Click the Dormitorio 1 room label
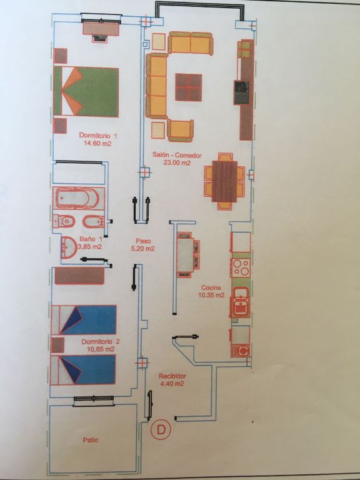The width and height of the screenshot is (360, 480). (98, 135)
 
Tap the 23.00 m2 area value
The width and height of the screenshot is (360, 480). (177, 163)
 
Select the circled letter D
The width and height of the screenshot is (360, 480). (161, 430)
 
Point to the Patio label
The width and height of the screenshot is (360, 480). (91, 440)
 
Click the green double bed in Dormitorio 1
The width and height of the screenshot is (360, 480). (86, 92)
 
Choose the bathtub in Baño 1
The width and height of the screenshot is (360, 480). (79, 198)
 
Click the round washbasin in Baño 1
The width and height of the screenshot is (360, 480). (69, 246)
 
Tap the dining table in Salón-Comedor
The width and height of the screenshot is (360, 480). (224, 181)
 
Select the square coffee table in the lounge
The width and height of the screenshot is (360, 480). (189, 87)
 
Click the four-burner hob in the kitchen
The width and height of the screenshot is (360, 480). (240, 267)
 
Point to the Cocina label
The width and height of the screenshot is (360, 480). (211, 287)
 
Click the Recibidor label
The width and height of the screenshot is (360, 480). (172, 376)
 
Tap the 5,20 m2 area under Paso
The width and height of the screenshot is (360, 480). (142, 249)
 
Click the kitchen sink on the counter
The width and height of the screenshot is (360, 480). (241, 302)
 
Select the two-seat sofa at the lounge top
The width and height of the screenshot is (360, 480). (191, 43)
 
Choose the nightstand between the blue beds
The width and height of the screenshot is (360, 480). (57, 345)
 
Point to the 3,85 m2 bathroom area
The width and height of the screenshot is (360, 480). (90, 246)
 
